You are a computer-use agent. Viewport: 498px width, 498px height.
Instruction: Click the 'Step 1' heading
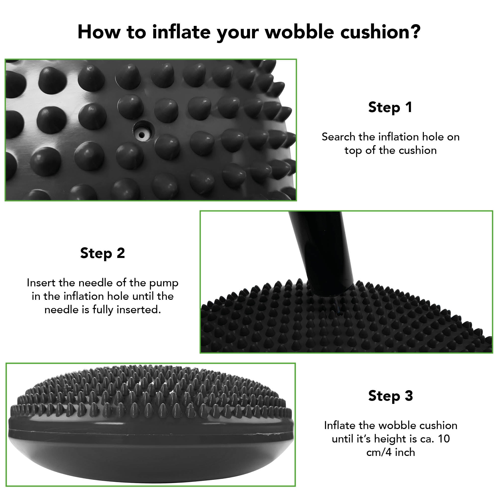[390, 108]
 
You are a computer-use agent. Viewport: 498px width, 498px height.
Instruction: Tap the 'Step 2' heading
[103, 253]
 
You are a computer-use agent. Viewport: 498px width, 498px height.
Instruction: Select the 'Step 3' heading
[390, 396]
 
